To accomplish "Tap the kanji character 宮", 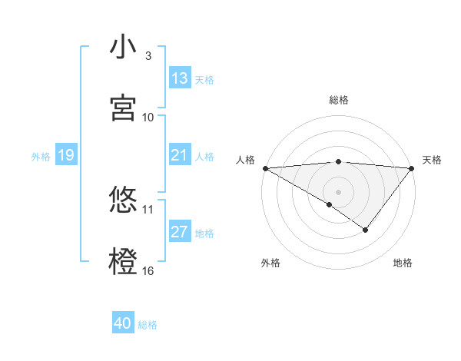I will tap(123, 108).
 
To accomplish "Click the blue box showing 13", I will tap(180, 78).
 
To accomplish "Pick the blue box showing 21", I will tap(180, 156).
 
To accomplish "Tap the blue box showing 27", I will tap(180, 232).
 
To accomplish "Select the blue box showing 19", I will tap(65, 156).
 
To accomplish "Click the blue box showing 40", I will tap(123, 324).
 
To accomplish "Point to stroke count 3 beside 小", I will tap(148, 56).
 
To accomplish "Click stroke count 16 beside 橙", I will tap(148, 270).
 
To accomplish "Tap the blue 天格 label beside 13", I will tap(204, 79).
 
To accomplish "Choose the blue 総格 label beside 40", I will tap(148, 325).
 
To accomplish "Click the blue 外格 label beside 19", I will tap(41, 157).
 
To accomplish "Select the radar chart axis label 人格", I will tap(246, 160).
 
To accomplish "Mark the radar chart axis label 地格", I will tap(403, 263).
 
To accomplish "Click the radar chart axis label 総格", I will tap(339, 100).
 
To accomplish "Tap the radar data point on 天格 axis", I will tap(412, 168).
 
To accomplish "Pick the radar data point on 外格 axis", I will tap(330, 204).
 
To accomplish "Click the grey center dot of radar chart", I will tap(339, 191).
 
